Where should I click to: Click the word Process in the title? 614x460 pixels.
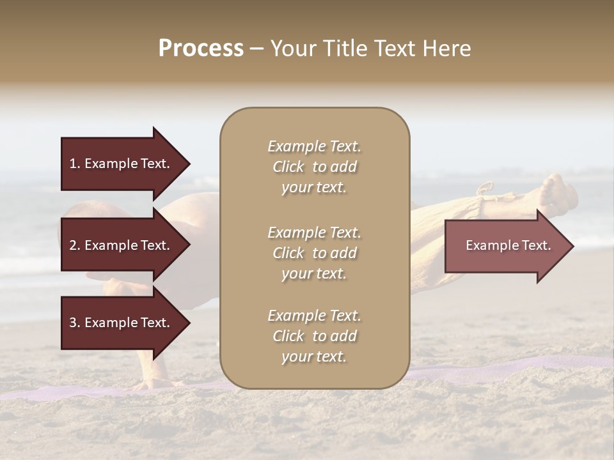tap(201, 49)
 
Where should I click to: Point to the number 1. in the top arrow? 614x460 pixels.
tap(75, 164)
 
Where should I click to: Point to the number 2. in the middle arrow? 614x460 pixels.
tap(75, 245)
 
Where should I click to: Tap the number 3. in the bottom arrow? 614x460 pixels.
tap(75, 323)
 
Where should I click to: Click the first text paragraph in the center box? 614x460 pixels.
tap(314, 167)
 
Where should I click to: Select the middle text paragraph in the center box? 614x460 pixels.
tap(314, 253)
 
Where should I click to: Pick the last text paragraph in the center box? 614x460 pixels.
tap(314, 336)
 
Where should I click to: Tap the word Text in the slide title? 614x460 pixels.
tap(396, 49)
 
